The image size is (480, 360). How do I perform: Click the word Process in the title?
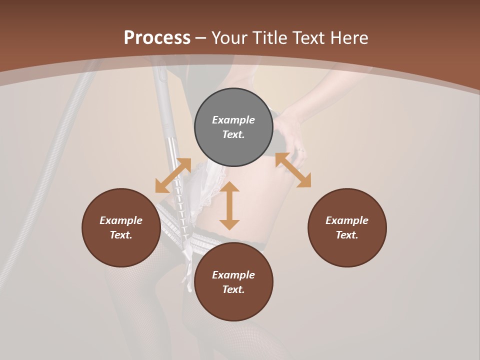click(x=157, y=38)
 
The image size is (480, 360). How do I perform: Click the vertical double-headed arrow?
click(x=229, y=205)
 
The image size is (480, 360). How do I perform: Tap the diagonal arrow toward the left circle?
click(x=173, y=175)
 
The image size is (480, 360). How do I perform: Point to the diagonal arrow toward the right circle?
click(x=293, y=170)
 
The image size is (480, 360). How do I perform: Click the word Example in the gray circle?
click(x=233, y=120)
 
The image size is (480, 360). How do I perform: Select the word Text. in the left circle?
click(x=121, y=235)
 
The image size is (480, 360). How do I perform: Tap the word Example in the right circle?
click(x=347, y=220)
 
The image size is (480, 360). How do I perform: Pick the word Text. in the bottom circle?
click(x=233, y=289)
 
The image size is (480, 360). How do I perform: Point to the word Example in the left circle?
click(x=121, y=220)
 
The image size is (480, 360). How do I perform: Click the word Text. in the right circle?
click(x=347, y=235)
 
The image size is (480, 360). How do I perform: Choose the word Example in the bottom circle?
click(x=233, y=275)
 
